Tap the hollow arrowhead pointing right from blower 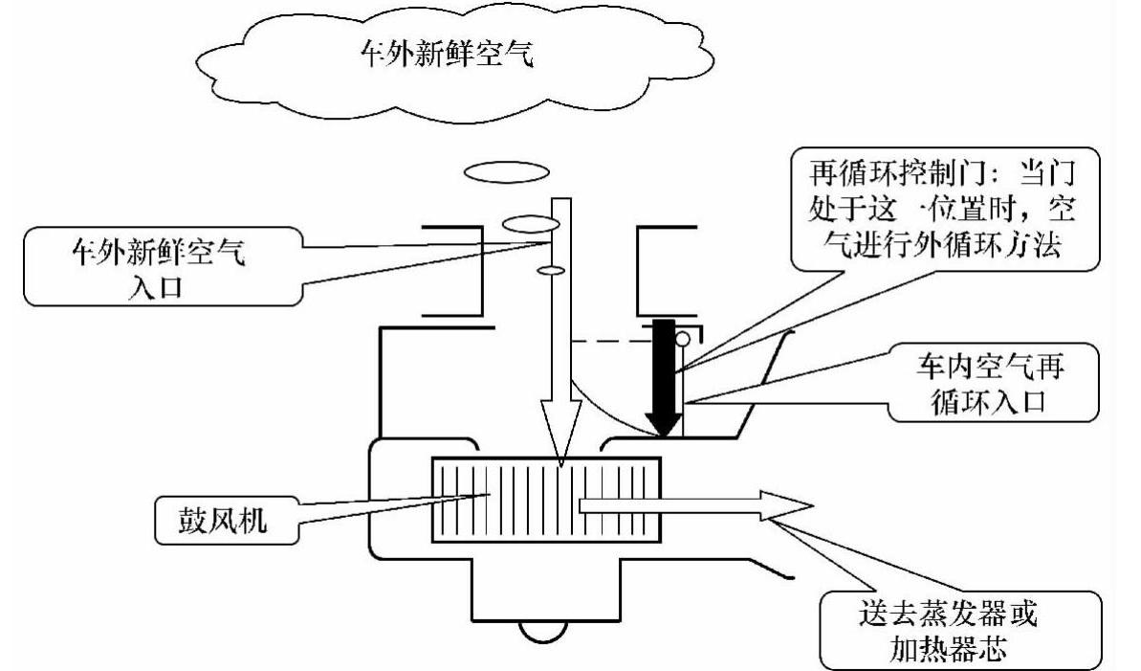pyautogui.click(x=784, y=504)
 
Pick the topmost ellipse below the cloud pyautogui.click(x=506, y=172)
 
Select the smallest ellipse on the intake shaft pyautogui.click(x=550, y=272)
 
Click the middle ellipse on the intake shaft pyautogui.click(x=530, y=224)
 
